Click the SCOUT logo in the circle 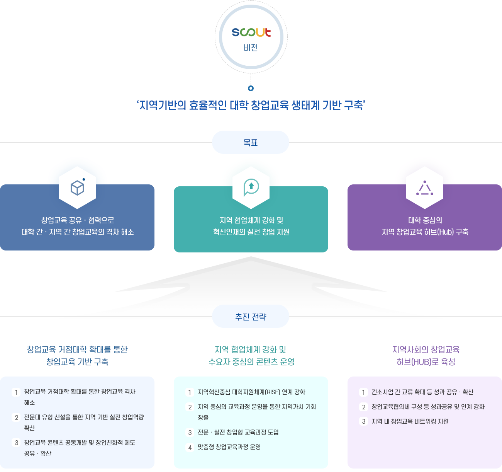(251, 32)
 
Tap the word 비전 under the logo (251, 48)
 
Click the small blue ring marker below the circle (251, 88)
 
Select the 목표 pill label (251, 143)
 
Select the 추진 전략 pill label (251, 317)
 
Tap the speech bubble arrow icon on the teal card (251, 187)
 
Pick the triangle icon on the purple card (425, 188)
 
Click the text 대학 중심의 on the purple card (425, 220)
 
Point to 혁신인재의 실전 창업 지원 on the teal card (251, 232)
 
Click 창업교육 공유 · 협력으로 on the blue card (78, 220)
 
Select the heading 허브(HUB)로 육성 (426, 362)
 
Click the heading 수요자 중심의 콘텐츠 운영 (251, 362)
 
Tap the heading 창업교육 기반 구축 (77, 362)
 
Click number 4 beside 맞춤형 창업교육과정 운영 (190, 448)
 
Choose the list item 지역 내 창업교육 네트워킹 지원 (410, 421)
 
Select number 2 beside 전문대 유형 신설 (17, 417)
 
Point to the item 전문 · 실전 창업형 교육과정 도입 (238, 432)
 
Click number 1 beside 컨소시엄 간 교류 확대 (363, 392)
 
